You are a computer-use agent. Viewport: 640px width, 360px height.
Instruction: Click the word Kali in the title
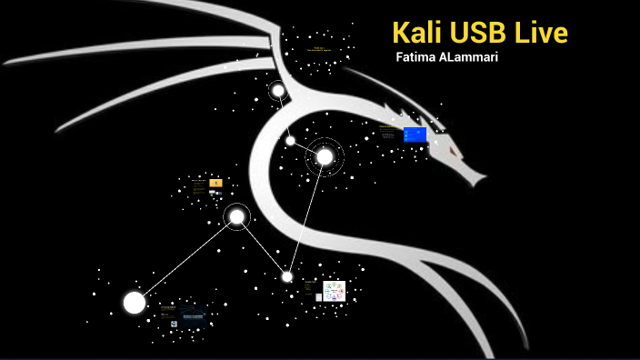(x=415, y=33)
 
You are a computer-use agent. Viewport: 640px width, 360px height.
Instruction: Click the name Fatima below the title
(x=420, y=57)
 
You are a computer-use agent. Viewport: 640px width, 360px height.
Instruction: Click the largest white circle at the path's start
(x=135, y=303)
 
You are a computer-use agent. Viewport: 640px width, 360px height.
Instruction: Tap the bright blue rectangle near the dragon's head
(x=415, y=135)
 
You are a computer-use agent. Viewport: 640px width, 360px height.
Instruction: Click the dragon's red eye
(x=449, y=143)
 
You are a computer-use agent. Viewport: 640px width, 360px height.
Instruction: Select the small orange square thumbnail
(x=215, y=184)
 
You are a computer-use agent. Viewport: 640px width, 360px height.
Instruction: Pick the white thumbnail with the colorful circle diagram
(x=335, y=291)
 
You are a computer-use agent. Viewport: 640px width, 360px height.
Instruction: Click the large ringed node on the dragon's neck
(x=325, y=157)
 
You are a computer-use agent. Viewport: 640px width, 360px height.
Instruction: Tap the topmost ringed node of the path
(x=278, y=90)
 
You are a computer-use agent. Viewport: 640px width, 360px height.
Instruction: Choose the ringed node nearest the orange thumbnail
(x=237, y=216)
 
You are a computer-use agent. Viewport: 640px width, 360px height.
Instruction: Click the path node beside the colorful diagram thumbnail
(x=287, y=276)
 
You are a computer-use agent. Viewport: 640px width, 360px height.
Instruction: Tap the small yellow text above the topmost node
(x=319, y=48)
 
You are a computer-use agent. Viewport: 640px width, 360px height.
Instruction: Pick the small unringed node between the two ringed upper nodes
(x=290, y=140)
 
